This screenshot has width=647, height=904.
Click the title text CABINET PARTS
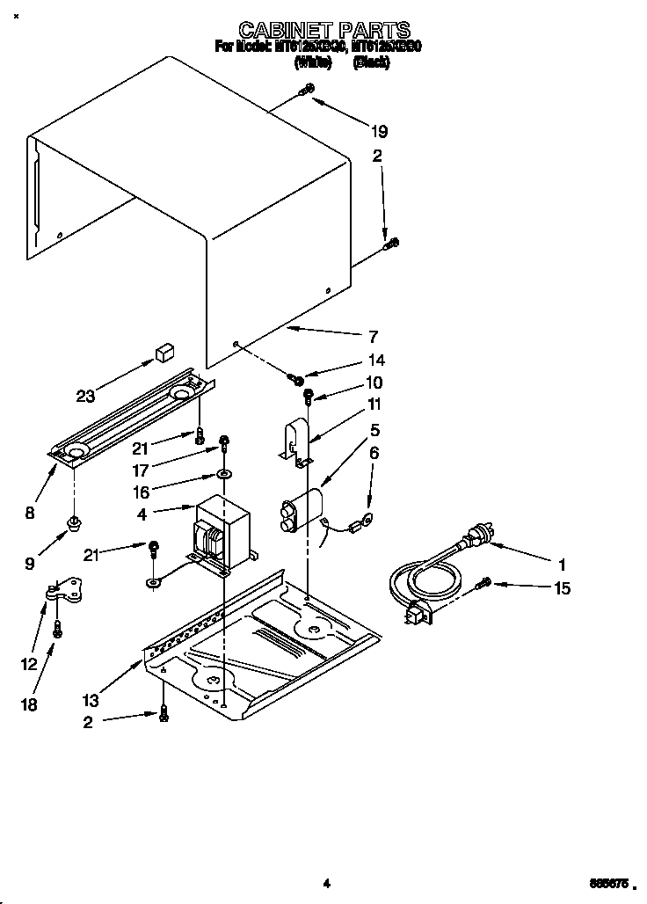point(324,32)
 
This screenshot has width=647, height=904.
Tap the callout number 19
point(380,132)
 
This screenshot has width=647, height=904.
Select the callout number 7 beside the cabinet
point(373,336)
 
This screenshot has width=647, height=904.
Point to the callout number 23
point(85,396)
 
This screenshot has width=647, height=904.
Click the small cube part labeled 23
point(162,353)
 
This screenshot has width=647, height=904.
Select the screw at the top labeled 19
point(307,89)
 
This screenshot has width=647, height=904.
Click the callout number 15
point(561,588)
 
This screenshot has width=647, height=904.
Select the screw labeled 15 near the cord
point(483,582)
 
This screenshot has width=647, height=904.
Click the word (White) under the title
point(313,63)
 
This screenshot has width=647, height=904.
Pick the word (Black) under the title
point(371,63)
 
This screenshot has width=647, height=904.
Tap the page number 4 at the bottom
point(325,883)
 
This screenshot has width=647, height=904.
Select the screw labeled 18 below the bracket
point(57,629)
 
